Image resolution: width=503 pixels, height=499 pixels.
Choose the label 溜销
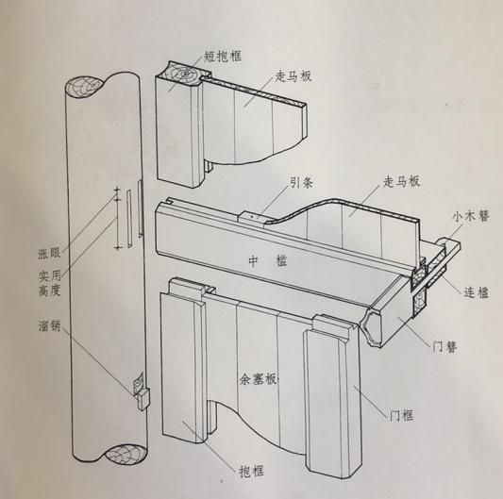click(x=42, y=331)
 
